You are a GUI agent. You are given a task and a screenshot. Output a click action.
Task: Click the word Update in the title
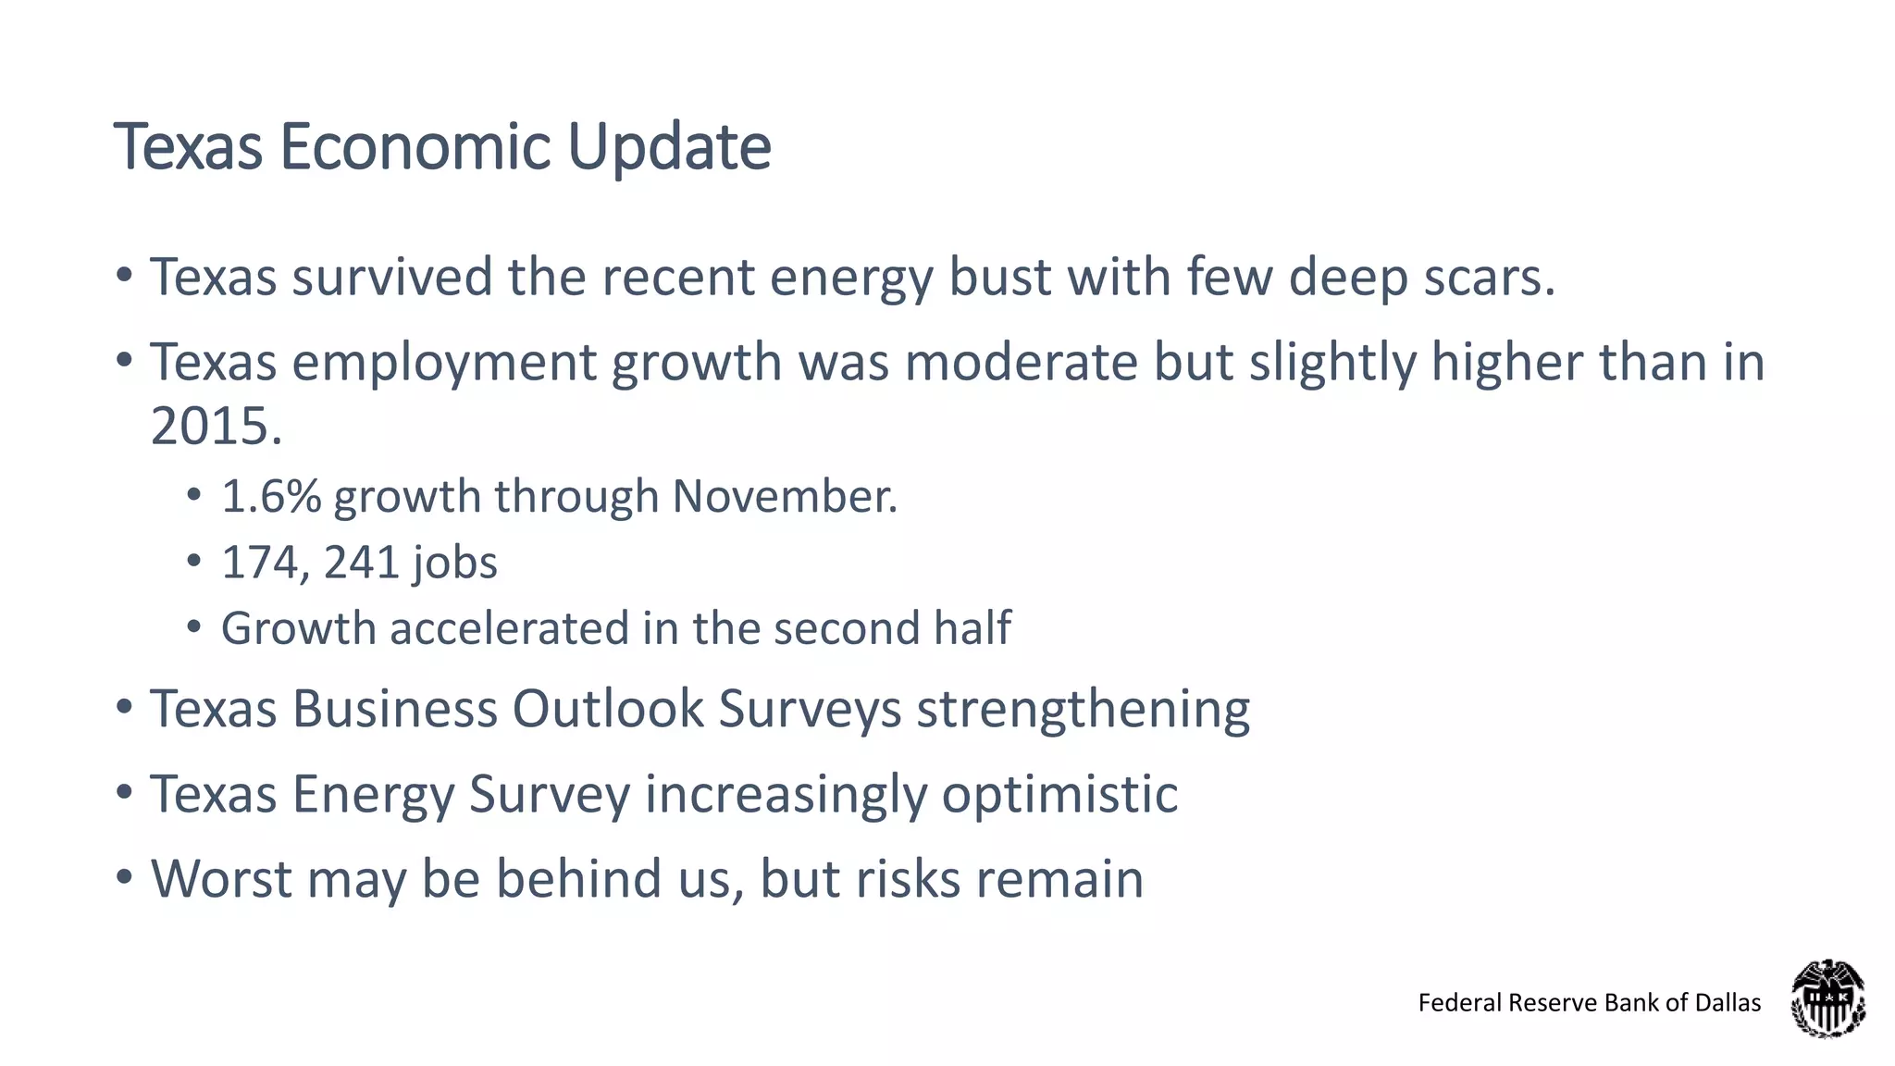(x=669, y=148)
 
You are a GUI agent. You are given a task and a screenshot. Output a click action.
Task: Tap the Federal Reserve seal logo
(x=1827, y=998)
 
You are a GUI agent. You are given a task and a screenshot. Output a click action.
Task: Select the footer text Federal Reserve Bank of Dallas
(x=1589, y=1003)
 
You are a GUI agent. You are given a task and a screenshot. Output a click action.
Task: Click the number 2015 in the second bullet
(x=210, y=428)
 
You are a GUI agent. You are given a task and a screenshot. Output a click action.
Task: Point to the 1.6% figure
(x=271, y=497)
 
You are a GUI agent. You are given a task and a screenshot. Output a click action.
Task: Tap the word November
(x=782, y=497)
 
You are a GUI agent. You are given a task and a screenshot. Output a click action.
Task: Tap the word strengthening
(x=1083, y=710)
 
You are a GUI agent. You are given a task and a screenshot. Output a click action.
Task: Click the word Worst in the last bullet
(x=221, y=879)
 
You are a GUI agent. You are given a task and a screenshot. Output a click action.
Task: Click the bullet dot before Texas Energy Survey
(x=125, y=793)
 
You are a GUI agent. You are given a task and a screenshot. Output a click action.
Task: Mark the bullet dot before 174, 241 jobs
(x=193, y=561)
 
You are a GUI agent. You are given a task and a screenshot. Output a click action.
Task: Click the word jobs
(x=454, y=563)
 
